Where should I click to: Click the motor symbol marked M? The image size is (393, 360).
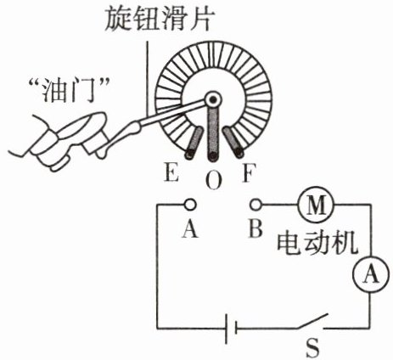click(x=316, y=205)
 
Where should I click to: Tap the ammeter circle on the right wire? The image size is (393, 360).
click(x=370, y=274)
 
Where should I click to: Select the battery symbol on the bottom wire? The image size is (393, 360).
click(x=231, y=329)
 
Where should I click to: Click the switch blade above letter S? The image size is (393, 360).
click(x=312, y=321)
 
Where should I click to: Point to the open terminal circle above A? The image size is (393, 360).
click(x=190, y=205)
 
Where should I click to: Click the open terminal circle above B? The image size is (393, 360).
click(x=256, y=205)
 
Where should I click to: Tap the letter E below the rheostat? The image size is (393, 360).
click(x=171, y=172)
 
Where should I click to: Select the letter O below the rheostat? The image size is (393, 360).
click(x=214, y=181)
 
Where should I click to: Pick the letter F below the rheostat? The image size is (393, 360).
click(x=250, y=172)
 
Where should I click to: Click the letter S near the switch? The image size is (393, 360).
click(x=312, y=347)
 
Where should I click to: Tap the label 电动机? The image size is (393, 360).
click(x=317, y=243)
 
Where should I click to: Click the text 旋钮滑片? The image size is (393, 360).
click(x=158, y=19)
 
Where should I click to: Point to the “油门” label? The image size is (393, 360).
click(x=70, y=91)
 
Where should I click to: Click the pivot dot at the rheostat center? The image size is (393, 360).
click(x=213, y=99)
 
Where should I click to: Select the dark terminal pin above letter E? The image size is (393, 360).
click(x=194, y=143)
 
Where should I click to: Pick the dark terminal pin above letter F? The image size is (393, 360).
click(x=233, y=142)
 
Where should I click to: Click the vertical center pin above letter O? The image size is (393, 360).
click(x=213, y=134)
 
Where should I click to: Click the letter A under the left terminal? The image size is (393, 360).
click(x=190, y=228)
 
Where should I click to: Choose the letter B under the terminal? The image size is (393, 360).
click(x=255, y=228)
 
